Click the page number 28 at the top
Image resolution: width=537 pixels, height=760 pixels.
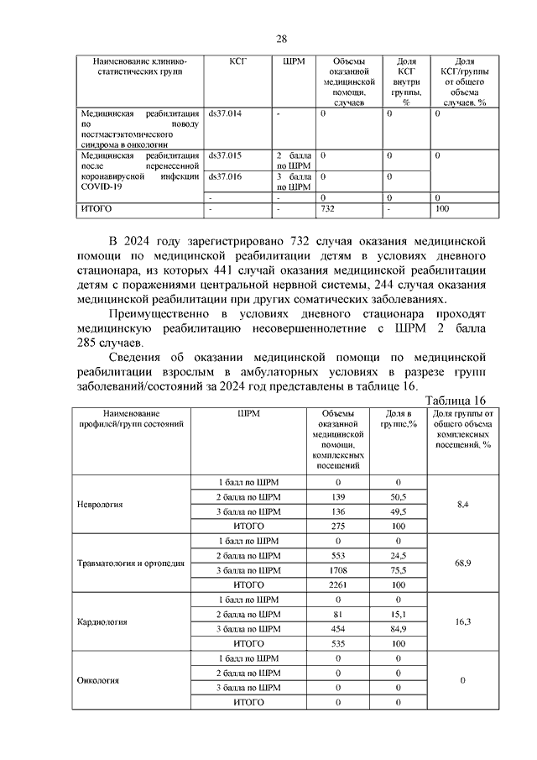pyautogui.click(x=282, y=39)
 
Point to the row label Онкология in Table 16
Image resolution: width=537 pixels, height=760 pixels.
pyautogui.click(x=98, y=681)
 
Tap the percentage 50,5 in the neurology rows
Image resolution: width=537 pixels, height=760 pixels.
pyautogui.click(x=399, y=497)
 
